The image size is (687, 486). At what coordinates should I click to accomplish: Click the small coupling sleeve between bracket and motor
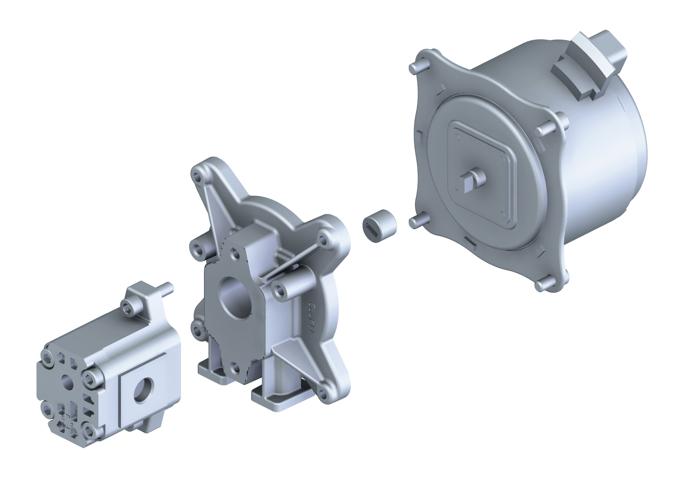tap(380, 225)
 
